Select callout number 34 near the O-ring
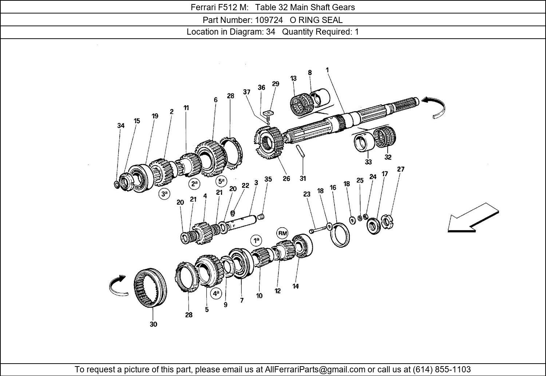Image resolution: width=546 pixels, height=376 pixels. coord(121,125)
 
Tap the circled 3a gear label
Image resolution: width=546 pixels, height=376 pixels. coord(165,194)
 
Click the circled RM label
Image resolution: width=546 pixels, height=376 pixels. coord(282,233)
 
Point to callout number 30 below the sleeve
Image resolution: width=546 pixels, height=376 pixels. coord(153,324)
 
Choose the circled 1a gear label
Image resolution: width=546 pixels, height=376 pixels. coord(256,240)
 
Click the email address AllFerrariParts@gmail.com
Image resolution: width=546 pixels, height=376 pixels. coord(314,369)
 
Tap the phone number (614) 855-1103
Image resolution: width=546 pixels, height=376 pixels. coord(442,369)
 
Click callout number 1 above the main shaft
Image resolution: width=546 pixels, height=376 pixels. coord(327,70)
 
